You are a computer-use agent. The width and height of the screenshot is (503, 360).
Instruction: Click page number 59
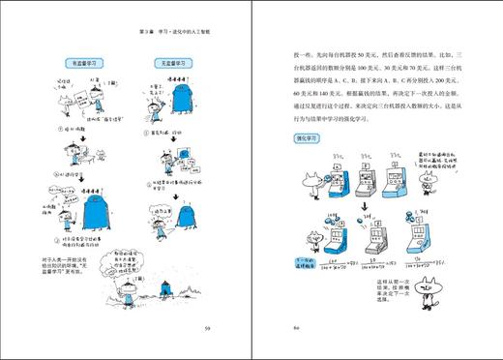coord(207,328)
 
